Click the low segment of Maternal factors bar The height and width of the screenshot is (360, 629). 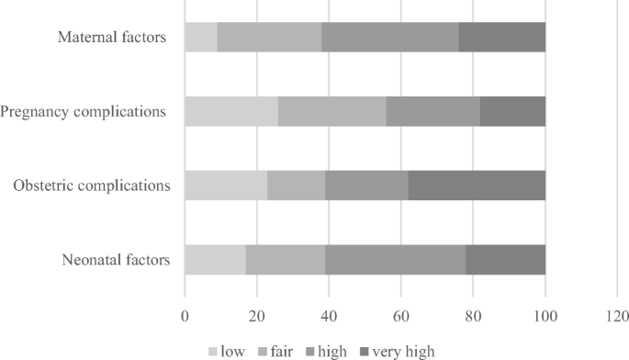[x=201, y=38]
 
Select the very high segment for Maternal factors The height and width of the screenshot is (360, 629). [x=502, y=38]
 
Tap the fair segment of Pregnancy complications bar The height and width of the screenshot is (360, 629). [x=332, y=112]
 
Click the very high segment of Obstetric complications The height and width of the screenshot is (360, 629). [x=477, y=186]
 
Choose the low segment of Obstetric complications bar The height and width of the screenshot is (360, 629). [x=226, y=186]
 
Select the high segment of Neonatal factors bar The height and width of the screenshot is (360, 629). [x=395, y=260]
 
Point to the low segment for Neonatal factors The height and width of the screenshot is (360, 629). [x=215, y=260]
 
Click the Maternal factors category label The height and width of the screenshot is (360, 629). [x=112, y=38]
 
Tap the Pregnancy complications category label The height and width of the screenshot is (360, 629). [x=83, y=112]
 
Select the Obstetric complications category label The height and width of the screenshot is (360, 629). [x=92, y=186]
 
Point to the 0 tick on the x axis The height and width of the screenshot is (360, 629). [x=185, y=317]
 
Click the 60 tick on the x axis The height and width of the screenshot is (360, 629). [x=401, y=317]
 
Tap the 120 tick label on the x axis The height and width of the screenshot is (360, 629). [x=617, y=317]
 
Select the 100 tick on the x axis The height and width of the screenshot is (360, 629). [x=545, y=317]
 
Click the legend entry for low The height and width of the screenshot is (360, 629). [x=230, y=350]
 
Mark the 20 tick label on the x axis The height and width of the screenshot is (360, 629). [x=257, y=317]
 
